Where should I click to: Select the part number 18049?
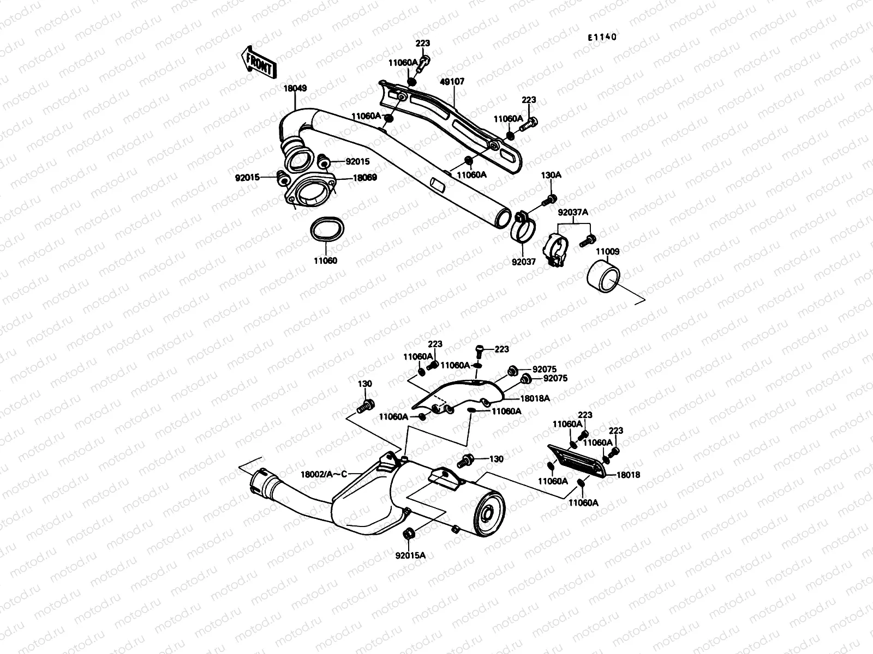pyautogui.click(x=295, y=88)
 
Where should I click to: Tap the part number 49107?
pyautogui.click(x=452, y=82)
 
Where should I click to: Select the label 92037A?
pyautogui.click(x=572, y=213)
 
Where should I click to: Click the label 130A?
pyautogui.click(x=551, y=175)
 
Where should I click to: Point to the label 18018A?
pyautogui.click(x=534, y=399)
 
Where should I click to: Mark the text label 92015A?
pyautogui.click(x=410, y=555)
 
